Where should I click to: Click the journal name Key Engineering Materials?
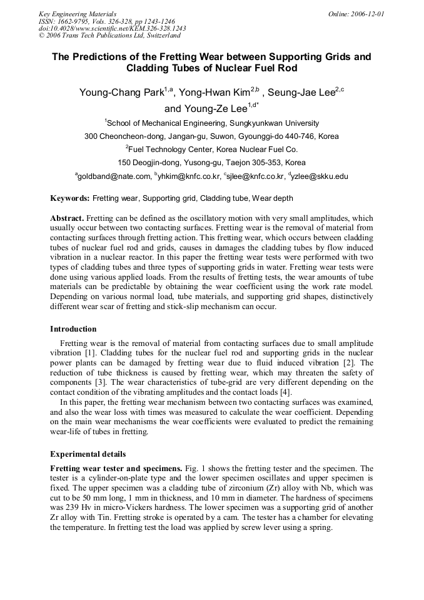click(78, 14)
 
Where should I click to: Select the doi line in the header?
click(112, 29)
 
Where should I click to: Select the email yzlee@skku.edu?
click(320, 177)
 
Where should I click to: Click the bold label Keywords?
click(70, 198)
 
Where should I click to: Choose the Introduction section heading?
click(73, 329)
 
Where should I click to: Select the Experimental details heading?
click(88, 454)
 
